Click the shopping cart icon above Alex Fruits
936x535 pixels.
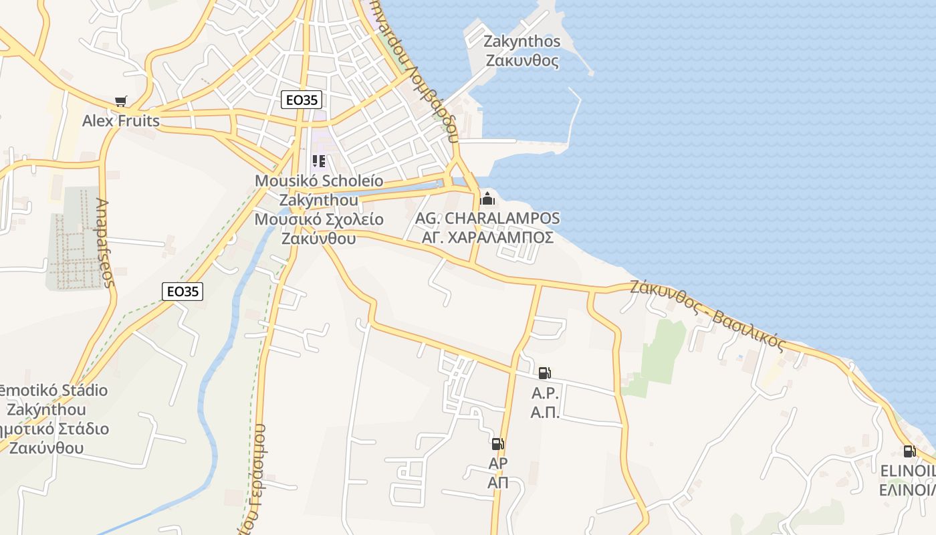(120, 102)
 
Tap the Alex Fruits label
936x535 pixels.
(121, 121)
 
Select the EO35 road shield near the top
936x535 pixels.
(302, 100)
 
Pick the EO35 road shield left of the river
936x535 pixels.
(183, 291)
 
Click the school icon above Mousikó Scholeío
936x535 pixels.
(319, 161)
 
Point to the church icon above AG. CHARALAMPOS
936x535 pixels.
(487, 199)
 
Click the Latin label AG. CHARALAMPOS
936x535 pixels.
(487, 218)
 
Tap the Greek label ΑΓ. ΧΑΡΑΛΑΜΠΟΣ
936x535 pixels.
(487, 237)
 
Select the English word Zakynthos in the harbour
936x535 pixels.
(522, 41)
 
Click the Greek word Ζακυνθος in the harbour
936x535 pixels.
(522, 61)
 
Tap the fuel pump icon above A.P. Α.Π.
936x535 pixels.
(545, 373)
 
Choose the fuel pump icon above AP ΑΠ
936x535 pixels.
(497, 443)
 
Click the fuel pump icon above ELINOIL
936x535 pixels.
(909, 451)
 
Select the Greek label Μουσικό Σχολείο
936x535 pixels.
(319, 219)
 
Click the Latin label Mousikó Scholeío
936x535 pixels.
(319, 181)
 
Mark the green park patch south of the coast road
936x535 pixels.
(662, 351)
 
